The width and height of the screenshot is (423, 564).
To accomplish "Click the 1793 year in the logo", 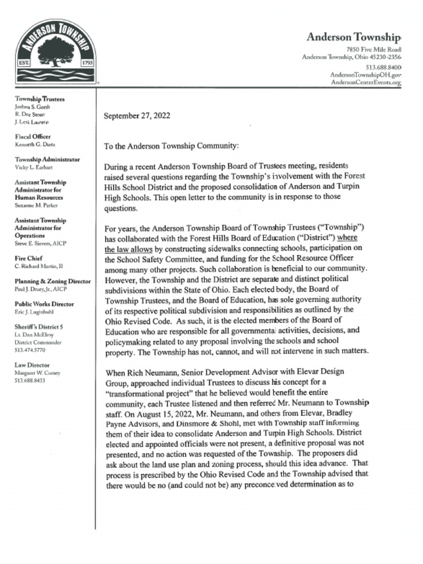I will coord(88,63).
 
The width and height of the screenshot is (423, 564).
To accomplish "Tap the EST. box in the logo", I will coord(24,63).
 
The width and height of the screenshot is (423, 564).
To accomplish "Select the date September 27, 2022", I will coord(137,116).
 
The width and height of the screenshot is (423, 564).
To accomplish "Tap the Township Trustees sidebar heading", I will coord(40,99).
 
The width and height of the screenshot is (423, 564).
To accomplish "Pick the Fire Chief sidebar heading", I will coord(29,258).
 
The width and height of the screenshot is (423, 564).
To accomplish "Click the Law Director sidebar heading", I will coord(32,365).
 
